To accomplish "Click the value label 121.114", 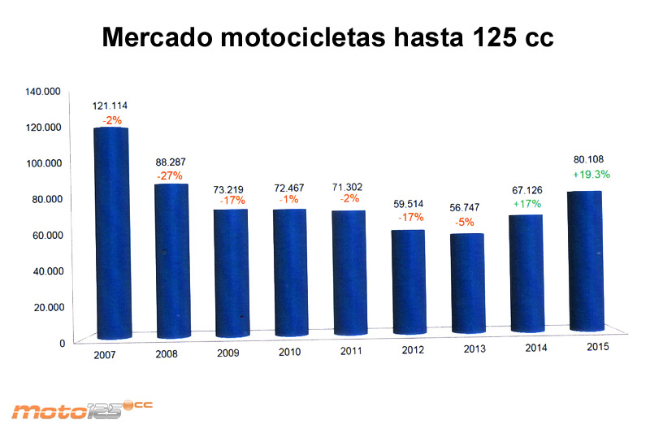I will click(111, 106).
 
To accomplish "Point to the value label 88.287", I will click(171, 161).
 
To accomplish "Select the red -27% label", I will click(171, 175).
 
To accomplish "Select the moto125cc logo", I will click(81, 409).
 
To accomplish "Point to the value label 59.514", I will click(409, 202).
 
